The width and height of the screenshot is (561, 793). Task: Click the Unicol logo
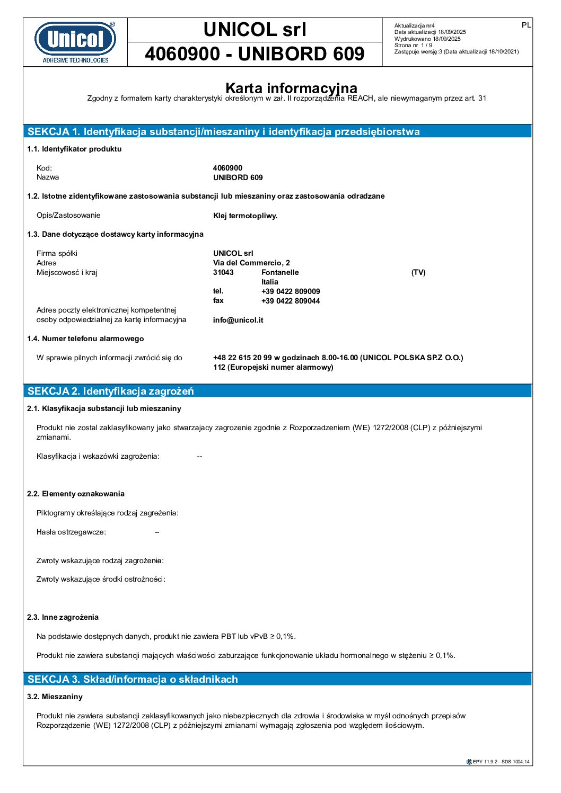coord(75,42)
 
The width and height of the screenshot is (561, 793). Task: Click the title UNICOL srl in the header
coord(255,30)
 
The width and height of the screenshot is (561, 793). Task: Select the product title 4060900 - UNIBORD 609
coord(255,54)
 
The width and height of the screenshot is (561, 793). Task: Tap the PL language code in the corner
coord(526,25)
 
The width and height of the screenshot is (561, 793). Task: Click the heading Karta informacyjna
coord(291,88)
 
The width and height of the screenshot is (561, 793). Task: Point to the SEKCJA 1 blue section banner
coord(277,131)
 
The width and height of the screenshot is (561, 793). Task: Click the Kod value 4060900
coord(227,168)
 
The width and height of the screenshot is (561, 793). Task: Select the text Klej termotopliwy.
coord(245,216)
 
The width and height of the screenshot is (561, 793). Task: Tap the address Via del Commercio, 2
coord(251,263)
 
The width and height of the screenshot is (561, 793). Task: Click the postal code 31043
coord(223,272)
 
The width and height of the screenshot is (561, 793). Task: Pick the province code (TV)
coord(418,272)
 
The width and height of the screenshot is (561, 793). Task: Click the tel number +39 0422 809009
coord(291,291)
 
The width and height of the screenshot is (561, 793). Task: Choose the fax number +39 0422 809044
coord(291,301)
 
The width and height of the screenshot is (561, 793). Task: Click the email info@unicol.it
coord(238,320)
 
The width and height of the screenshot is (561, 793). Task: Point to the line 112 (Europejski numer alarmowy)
coord(273,367)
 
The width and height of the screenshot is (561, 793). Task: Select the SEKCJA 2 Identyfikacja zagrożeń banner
coord(277,391)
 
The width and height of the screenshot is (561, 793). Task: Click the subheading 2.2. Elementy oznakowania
coord(76,494)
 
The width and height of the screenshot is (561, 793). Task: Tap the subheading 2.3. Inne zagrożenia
coord(63,617)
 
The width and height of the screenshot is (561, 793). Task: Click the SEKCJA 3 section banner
coord(277,679)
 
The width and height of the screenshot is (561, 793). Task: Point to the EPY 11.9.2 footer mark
coord(498,762)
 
